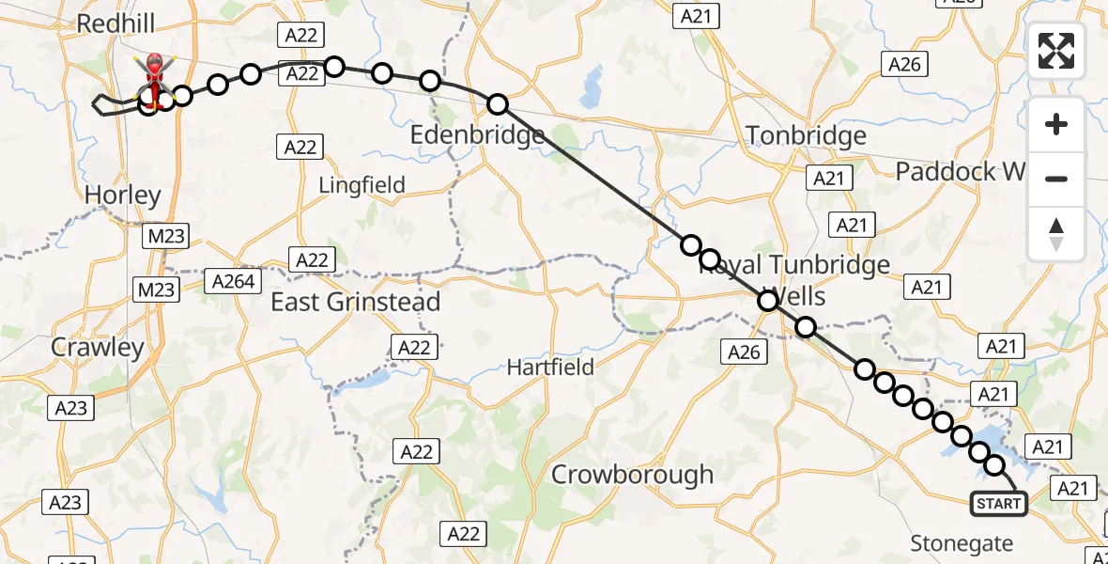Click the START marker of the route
[x=998, y=504]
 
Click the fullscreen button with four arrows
[x=1056, y=51]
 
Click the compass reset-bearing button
[x=1056, y=234]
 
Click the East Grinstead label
[x=356, y=302]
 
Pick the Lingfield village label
[x=362, y=185]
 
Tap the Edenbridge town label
[x=477, y=135]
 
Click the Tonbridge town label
[x=807, y=136]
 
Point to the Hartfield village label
[x=550, y=367]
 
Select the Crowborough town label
[x=632, y=475]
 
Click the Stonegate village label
[x=963, y=543]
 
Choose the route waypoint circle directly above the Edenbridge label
[x=498, y=104]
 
